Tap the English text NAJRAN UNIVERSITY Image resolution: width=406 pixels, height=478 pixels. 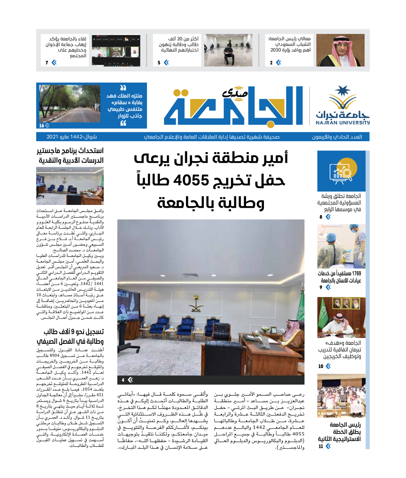point(343,122)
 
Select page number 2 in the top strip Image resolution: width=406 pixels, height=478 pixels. point(271,62)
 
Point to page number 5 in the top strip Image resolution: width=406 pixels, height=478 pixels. point(159,62)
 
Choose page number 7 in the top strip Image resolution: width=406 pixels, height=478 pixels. point(47,62)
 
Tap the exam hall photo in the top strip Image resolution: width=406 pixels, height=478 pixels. point(228,50)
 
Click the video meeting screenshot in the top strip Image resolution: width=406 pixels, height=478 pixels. point(116,50)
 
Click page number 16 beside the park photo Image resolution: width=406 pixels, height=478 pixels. point(41,125)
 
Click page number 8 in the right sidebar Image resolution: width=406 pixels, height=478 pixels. point(321,217)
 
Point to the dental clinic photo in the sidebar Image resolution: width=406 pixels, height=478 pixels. point(341,246)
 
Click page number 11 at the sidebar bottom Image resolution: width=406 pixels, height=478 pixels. point(321,446)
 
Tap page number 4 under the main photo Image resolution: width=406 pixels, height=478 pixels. point(123,380)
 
